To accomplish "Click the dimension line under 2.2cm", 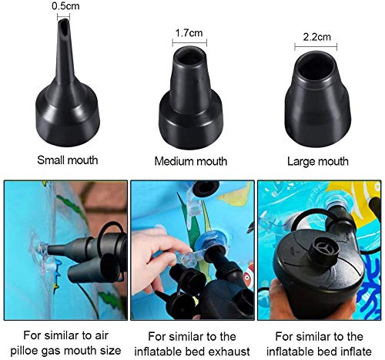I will click(x=316, y=44).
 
